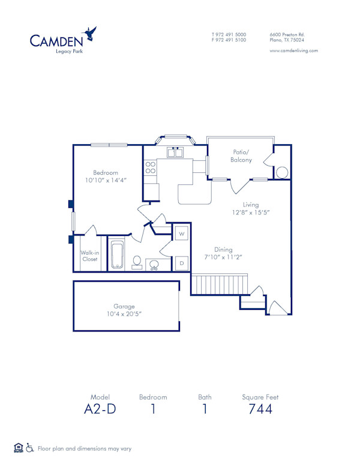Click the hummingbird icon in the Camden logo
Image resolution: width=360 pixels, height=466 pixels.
91,33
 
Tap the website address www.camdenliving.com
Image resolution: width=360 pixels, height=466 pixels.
293,51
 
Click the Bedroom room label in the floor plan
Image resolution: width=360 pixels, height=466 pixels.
105,172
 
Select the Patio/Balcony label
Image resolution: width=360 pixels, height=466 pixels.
241,156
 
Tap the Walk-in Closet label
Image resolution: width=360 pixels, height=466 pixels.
89,256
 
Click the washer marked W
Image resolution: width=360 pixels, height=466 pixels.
181,233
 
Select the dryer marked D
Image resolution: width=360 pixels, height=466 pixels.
181,263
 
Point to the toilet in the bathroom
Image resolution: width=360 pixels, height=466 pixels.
137,262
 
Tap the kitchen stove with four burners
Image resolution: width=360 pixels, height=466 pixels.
150,168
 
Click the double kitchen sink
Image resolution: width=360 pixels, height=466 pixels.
175,153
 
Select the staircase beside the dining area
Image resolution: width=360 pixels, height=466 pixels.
219,283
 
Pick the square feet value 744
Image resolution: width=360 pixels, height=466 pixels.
260,409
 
